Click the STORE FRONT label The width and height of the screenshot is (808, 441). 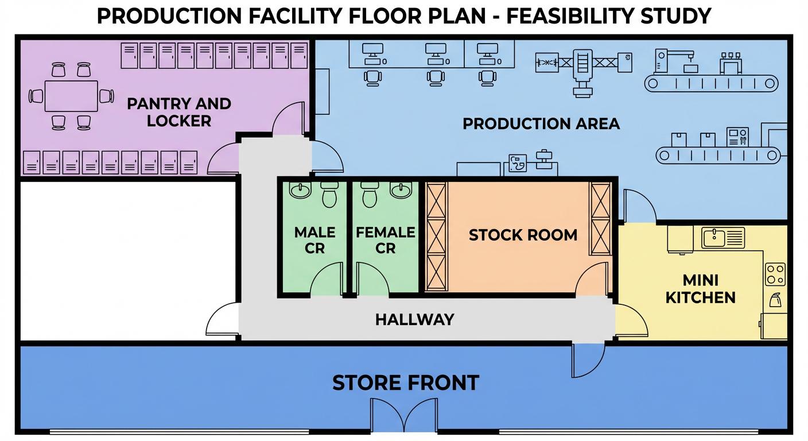pyautogui.click(x=405, y=383)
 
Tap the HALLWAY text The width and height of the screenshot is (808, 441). pyautogui.click(x=414, y=319)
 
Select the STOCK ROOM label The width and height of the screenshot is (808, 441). pyautogui.click(x=523, y=235)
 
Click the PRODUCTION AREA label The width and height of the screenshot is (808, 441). pyautogui.click(x=541, y=123)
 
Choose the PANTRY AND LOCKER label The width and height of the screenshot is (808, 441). pyautogui.click(x=178, y=112)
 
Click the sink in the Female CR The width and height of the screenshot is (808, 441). pyautogui.click(x=401, y=190)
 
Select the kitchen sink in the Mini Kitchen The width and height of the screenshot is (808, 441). pyautogui.click(x=722, y=237)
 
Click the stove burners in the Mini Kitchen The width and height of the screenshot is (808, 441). pyautogui.click(x=775, y=274)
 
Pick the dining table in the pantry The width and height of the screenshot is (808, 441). pyautogui.click(x=71, y=96)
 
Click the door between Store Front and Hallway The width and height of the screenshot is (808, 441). pyautogui.click(x=588, y=359)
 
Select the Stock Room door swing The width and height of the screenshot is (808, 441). pyautogui.click(x=591, y=280)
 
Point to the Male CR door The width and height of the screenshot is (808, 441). pyautogui.click(x=327, y=281)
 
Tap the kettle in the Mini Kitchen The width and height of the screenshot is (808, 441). pyautogui.click(x=775, y=300)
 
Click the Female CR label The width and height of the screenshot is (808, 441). pyautogui.click(x=385, y=240)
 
